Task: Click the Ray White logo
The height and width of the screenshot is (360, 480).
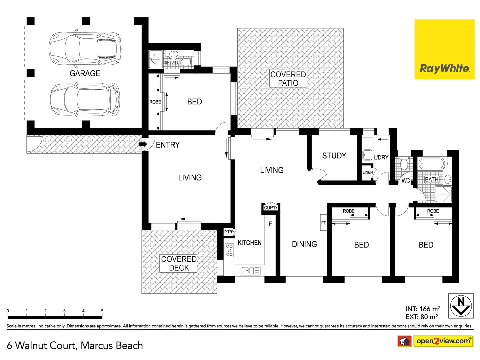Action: [x=444, y=49]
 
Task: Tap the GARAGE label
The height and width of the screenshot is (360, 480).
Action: [x=85, y=73]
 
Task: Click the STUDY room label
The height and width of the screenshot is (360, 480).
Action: [x=334, y=156]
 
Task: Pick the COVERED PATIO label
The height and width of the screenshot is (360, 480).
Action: [x=288, y=79]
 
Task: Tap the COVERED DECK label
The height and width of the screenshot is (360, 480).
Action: [x=179, y=263]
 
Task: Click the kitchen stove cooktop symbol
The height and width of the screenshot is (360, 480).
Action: [x=229, y=250]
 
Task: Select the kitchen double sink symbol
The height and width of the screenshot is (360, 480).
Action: [x=250, y=270]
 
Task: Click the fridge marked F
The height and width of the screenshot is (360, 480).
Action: [x=270, y=224]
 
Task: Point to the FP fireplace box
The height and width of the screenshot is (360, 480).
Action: [x=324, y=223]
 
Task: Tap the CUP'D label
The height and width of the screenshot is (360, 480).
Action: [x=270, y=208]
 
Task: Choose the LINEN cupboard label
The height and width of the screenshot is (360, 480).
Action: [x=368, y=172]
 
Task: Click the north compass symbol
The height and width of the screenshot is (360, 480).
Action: [x=461, y=306]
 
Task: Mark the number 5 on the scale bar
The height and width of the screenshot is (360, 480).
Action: [x=102, y=311]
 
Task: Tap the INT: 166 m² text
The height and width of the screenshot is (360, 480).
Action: [x=423, y=309]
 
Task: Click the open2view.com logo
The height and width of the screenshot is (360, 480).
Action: [x=443, y=341]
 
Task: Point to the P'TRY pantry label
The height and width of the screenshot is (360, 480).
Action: [x=229, y=232]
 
